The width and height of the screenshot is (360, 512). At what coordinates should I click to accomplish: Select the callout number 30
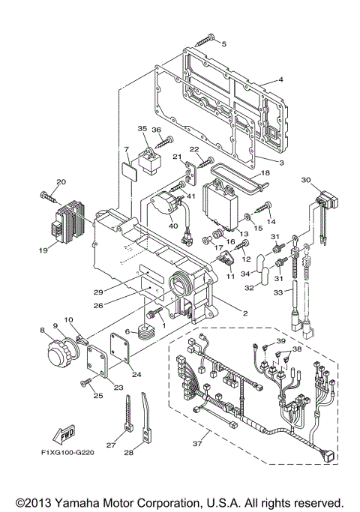click(305, 180)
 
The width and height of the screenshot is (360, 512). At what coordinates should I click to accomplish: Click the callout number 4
click(280, 79)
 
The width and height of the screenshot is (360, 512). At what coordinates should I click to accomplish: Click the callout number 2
click(244, 313)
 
